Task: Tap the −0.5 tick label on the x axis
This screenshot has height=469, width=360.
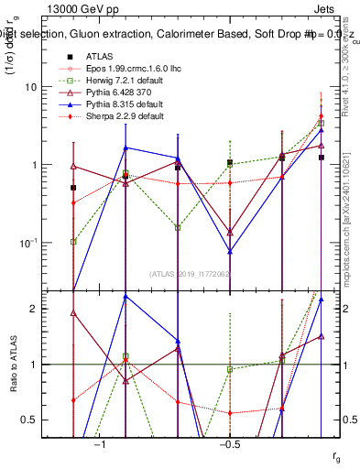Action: click(229, 444)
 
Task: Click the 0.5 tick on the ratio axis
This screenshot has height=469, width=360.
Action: click(35, 420)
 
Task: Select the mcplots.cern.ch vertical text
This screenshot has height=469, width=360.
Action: click(351, 211)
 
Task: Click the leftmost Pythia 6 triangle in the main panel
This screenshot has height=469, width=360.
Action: click(73, 167)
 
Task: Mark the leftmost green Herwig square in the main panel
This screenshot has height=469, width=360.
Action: click(73, 242)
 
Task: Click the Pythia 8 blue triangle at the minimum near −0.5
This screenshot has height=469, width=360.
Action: click(230, 251)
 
